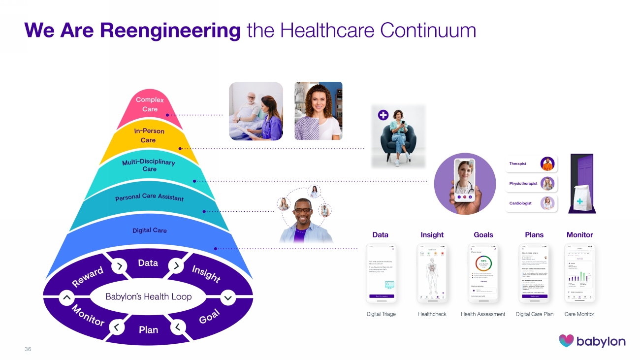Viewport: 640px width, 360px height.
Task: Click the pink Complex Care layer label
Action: [x=150, y=104]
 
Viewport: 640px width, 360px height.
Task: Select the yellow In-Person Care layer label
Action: [x=149, y=135]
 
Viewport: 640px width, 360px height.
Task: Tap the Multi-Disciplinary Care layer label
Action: [x=148, y=165]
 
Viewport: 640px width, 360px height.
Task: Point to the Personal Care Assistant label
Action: [x=149, y=197]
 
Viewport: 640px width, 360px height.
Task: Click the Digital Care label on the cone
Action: [x=149, y=230]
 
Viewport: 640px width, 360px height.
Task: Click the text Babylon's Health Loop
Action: [x=148, y=297]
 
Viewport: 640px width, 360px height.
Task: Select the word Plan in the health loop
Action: [x=148, y=329]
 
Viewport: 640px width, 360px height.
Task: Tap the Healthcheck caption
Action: [x=432, y=314]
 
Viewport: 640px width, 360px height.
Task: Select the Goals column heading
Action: [x=483, y=235]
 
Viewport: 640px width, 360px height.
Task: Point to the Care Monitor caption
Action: [x=579, y=314]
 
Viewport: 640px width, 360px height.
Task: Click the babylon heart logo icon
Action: [x=566, y=341]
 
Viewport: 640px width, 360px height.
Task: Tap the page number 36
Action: [x=28, y=349]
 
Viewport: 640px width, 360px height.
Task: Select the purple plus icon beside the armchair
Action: [x=383, y=115]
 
